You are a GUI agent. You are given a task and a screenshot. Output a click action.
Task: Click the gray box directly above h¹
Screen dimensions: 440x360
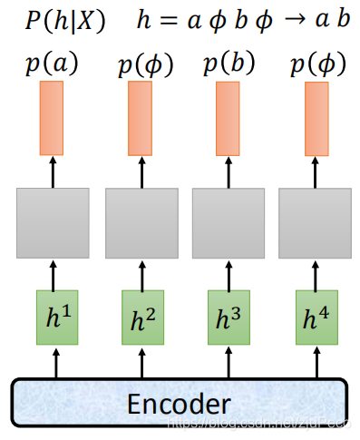click(x=53, y=222)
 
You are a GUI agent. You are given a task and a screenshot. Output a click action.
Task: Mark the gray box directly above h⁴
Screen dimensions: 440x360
click(x=315, y=222)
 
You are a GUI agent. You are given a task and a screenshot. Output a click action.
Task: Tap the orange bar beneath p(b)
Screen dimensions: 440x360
click(x=228, y=117)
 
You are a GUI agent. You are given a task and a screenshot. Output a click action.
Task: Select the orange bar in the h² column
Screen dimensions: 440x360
click(x=140, y=117)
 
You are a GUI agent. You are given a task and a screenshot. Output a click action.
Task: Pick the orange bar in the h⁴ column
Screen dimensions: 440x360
click(x=315, y=117)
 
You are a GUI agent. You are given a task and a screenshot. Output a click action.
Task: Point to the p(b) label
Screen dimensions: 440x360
click(x=228, y=64)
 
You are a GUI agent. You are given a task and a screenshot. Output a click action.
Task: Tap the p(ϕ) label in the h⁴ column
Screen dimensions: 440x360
click(x=315, y=64)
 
